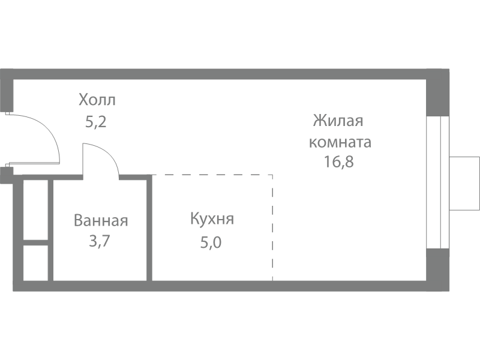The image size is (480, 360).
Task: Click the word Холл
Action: click(97, 100)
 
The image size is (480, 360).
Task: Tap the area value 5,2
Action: click(96, 122)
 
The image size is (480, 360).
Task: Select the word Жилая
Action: click(338, 121)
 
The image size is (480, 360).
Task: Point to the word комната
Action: click(340, 142)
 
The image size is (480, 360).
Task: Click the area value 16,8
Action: click(338, 161)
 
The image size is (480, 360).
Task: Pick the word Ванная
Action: click(101, 221)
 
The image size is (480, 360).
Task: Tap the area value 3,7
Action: click(99, 241)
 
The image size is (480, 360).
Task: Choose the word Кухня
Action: click(212, 219)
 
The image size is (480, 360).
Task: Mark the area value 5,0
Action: click(211, 242)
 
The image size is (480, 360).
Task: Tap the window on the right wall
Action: click(438, 182)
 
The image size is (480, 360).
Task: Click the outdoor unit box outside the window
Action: click(464, 184)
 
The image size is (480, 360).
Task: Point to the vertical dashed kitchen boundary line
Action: click(272, 227)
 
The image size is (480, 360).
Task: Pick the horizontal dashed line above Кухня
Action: click(212, 175)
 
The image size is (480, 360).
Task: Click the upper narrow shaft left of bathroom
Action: click(35, 210)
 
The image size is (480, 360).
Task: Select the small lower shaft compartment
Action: click(35, 263)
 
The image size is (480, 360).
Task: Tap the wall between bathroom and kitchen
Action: click(149, 228)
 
